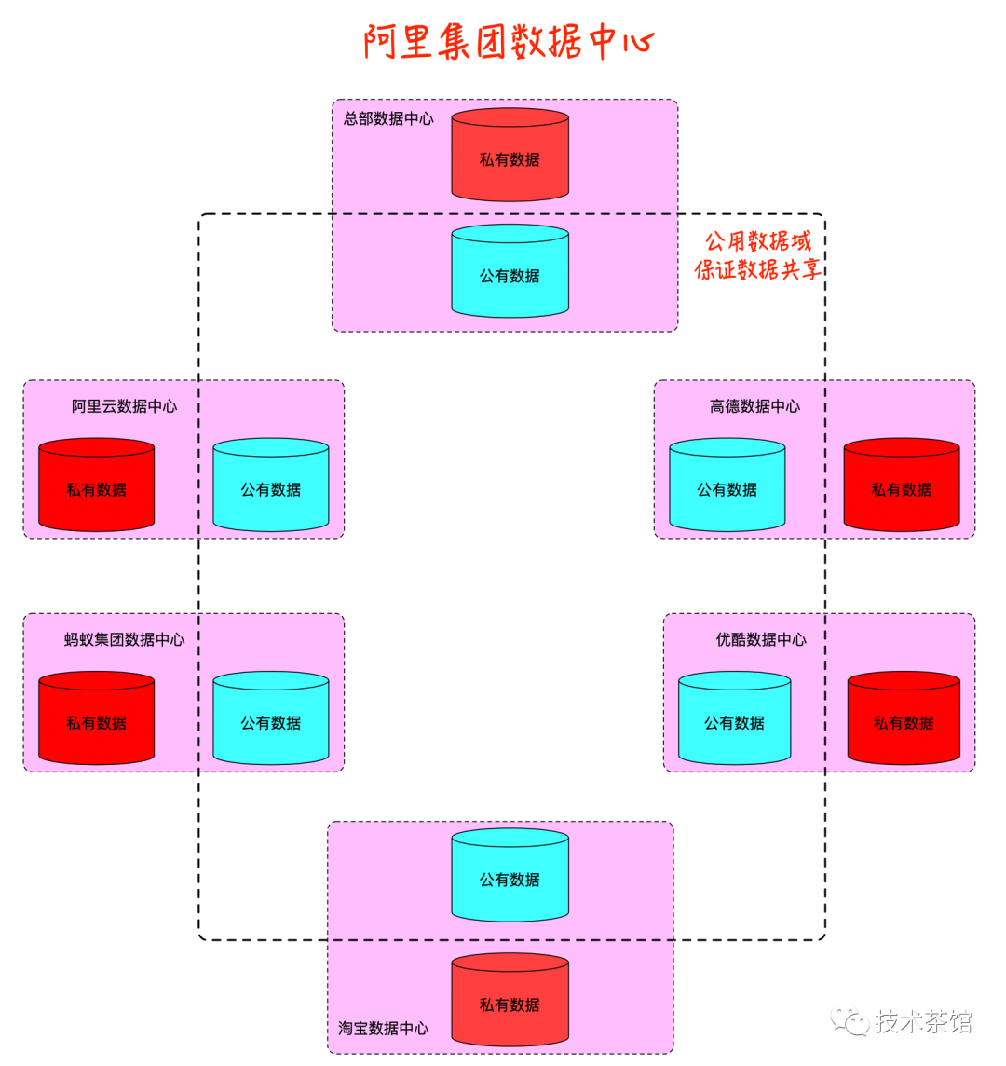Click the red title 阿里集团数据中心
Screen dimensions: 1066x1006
(509, 42)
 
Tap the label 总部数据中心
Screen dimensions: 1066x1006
(388, 118)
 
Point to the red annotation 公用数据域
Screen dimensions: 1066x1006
(757, 241)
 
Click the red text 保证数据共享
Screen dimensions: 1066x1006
(757, 270)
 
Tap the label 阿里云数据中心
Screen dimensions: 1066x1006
(124, 406)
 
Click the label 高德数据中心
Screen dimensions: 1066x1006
(754, 406)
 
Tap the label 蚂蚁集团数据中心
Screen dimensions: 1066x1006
(124, 639)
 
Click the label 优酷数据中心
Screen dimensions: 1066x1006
(761, 639)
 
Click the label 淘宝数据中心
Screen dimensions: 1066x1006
(383, 1028)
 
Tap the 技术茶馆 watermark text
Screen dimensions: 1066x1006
(923, 1021)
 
